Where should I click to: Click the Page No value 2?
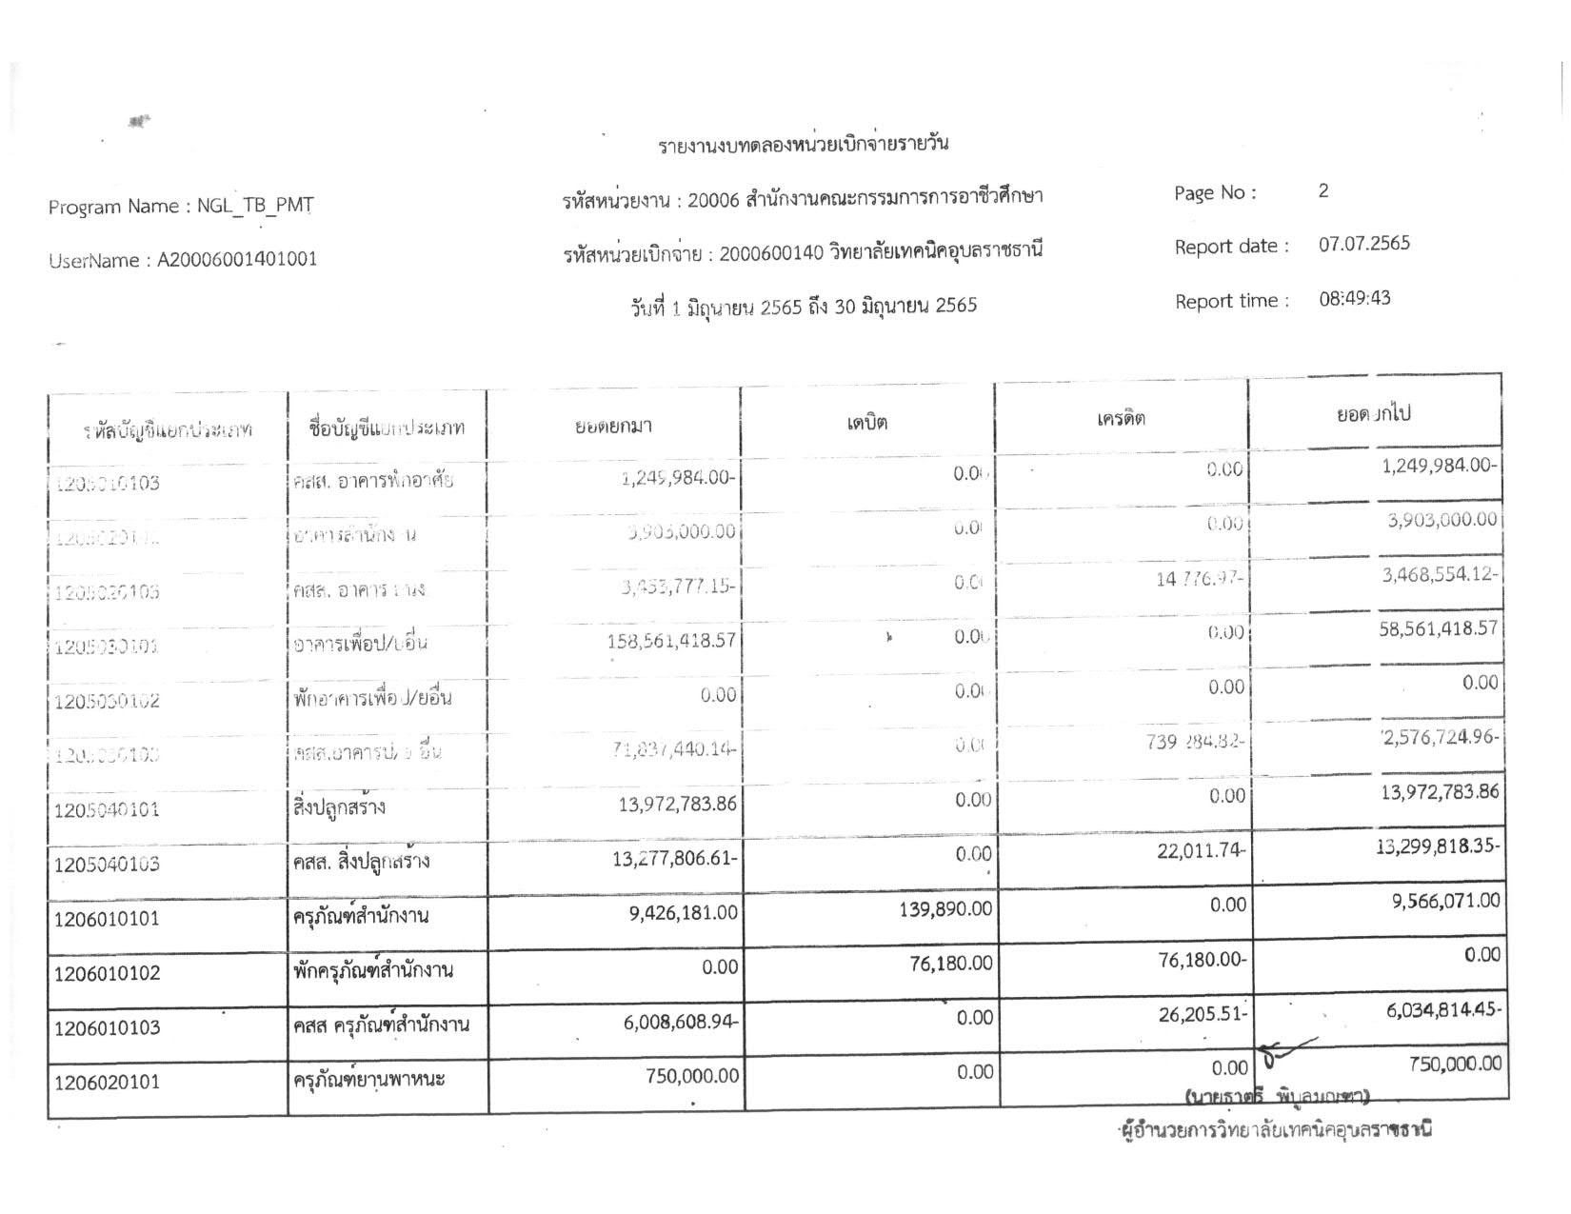click(x=1323, y=191)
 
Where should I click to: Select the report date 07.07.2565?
click(x=1363, y=244)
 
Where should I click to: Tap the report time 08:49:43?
click(x=1354, y=298)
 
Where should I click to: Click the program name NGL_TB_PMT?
click(x=254, y=206)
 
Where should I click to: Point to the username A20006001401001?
click(x=237, y=259)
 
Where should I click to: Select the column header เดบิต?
click(x=866, y=422)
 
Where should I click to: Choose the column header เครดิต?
click(x=1121, y=418)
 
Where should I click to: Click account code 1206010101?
click(x=108, y=919)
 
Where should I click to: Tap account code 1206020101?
click(x=108, y=1083)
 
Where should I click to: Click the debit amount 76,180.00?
click(x=951, y=964)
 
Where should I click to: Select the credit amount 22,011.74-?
click(x=1201, y=850)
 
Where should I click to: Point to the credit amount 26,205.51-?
click(x=1202, y=1014)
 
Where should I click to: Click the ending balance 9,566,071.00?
click(x=1445, y=901)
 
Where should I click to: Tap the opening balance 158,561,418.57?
click(x=671, y=641)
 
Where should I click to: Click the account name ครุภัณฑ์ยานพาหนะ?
click(x=368, y=1081)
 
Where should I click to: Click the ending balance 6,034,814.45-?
click(x=1443, y=1010)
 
